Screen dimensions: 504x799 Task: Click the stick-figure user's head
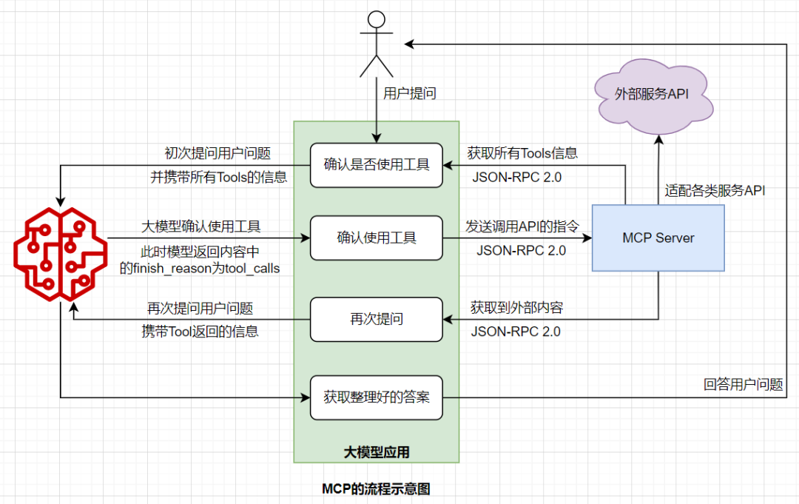377,21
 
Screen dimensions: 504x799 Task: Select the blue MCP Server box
658,238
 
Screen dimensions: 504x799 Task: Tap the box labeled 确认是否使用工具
377,164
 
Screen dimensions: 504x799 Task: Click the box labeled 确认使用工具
377,238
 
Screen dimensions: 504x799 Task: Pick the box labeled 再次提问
377,320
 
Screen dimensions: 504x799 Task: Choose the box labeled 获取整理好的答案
377,397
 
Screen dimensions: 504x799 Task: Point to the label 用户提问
409,94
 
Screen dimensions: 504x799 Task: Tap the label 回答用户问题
743,384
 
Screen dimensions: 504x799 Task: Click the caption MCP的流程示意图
376,488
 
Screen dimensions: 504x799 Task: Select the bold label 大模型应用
376,451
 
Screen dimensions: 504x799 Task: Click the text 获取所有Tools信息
522,153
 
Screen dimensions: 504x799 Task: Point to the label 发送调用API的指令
522,226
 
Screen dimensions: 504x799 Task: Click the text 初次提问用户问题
218,153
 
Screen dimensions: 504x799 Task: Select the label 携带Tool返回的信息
200,332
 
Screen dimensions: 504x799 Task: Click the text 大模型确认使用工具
200,226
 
